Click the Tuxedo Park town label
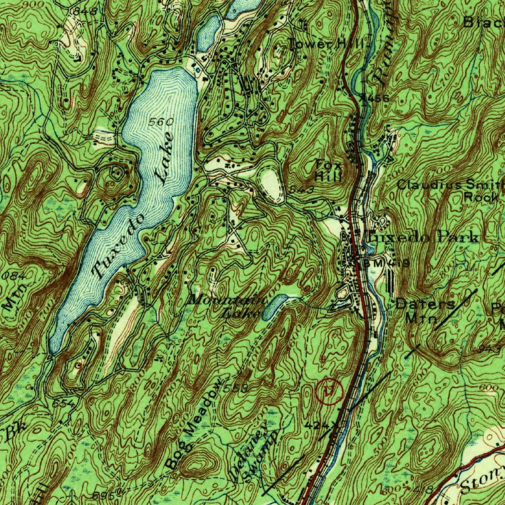coord(423,237)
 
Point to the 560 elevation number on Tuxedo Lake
coord(162,122)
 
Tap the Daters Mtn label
coord(425,311)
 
